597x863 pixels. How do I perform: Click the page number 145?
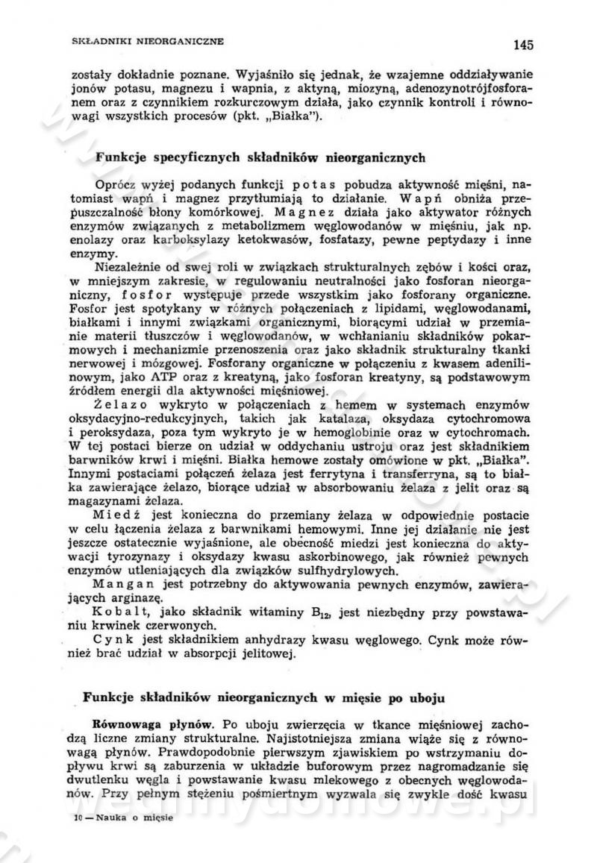tap(523, 45)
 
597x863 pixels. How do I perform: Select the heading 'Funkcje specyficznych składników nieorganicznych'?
tap(261, 158)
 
